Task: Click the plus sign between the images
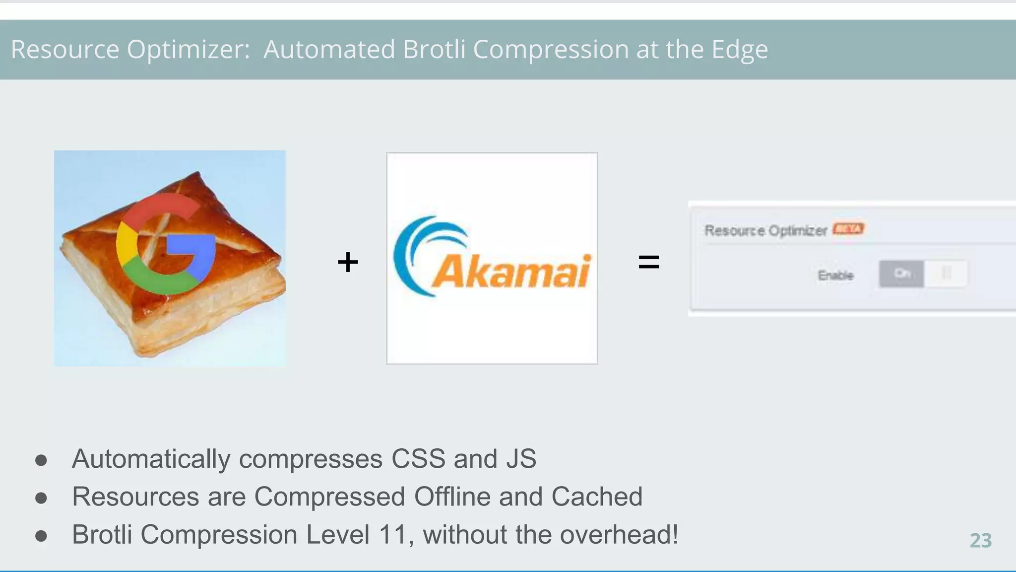coord(347,262)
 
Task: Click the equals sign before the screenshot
coord(648,262)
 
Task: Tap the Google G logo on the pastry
coord(166,243)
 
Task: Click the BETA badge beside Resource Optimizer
coord(848,229)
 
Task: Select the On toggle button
coord(901,274)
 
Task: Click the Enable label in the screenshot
coord(835,276)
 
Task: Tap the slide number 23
coord(980,541)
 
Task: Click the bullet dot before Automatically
coord(41,460)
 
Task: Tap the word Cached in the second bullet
coord(596,497)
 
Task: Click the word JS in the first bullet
coord(521,459)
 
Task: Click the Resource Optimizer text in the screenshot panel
coord(765,231)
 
